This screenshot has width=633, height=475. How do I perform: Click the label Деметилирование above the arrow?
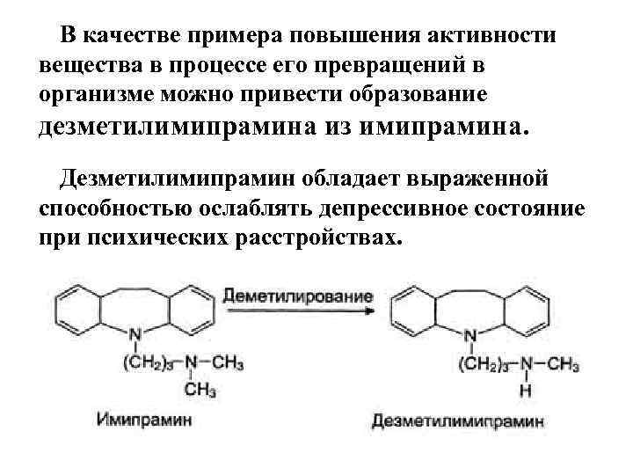(298, 296)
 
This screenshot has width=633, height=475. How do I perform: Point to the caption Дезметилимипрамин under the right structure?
(458, 421)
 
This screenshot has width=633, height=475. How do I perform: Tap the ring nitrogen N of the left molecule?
(135, 335)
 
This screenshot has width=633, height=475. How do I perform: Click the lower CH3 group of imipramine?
(201, 388)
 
